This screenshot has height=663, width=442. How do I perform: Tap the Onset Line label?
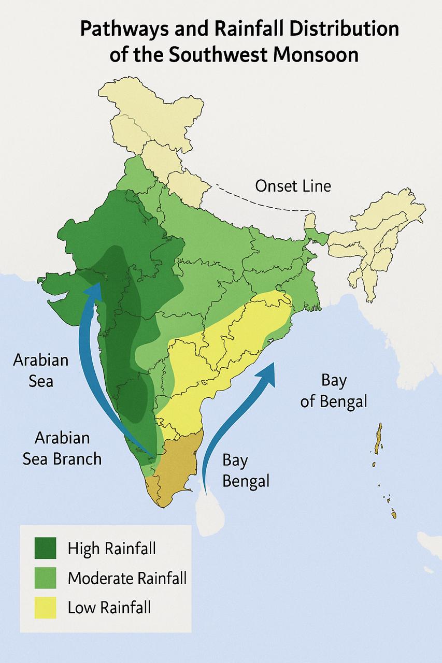[x=293, y=186]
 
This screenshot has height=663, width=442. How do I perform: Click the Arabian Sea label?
[x=40, y=370]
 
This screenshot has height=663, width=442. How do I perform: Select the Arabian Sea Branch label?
[x=62, y=448]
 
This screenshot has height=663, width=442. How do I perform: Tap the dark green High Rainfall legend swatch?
[x=45, y=548]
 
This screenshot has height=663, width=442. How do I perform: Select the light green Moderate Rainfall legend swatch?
[x=45, y=578]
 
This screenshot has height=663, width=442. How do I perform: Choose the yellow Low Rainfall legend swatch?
[x=45, y=607]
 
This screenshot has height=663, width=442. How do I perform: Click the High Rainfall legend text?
[x=111, y=549]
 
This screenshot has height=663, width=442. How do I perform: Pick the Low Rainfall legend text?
[x=109, y=607]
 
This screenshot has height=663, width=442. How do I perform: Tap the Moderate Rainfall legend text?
[x=127, y=578]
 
